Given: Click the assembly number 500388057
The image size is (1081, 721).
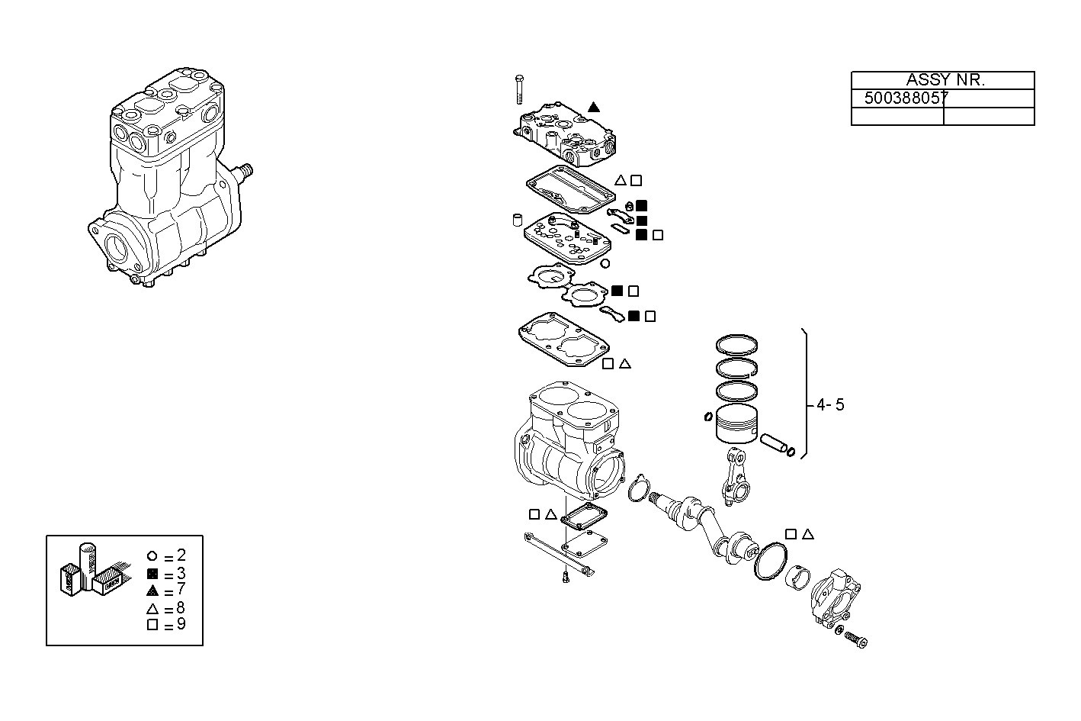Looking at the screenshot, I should (906, 98).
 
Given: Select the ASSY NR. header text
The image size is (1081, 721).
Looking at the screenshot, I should (945, 80).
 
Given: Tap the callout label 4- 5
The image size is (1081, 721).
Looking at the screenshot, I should (829, 405).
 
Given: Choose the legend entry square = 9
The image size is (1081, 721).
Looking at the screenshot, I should (165, 625).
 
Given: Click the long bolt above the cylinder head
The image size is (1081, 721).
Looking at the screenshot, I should (519, 89).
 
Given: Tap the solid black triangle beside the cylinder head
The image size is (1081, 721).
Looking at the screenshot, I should (594, 108).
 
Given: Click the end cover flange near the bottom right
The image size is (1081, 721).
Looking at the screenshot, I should (835, 598).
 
